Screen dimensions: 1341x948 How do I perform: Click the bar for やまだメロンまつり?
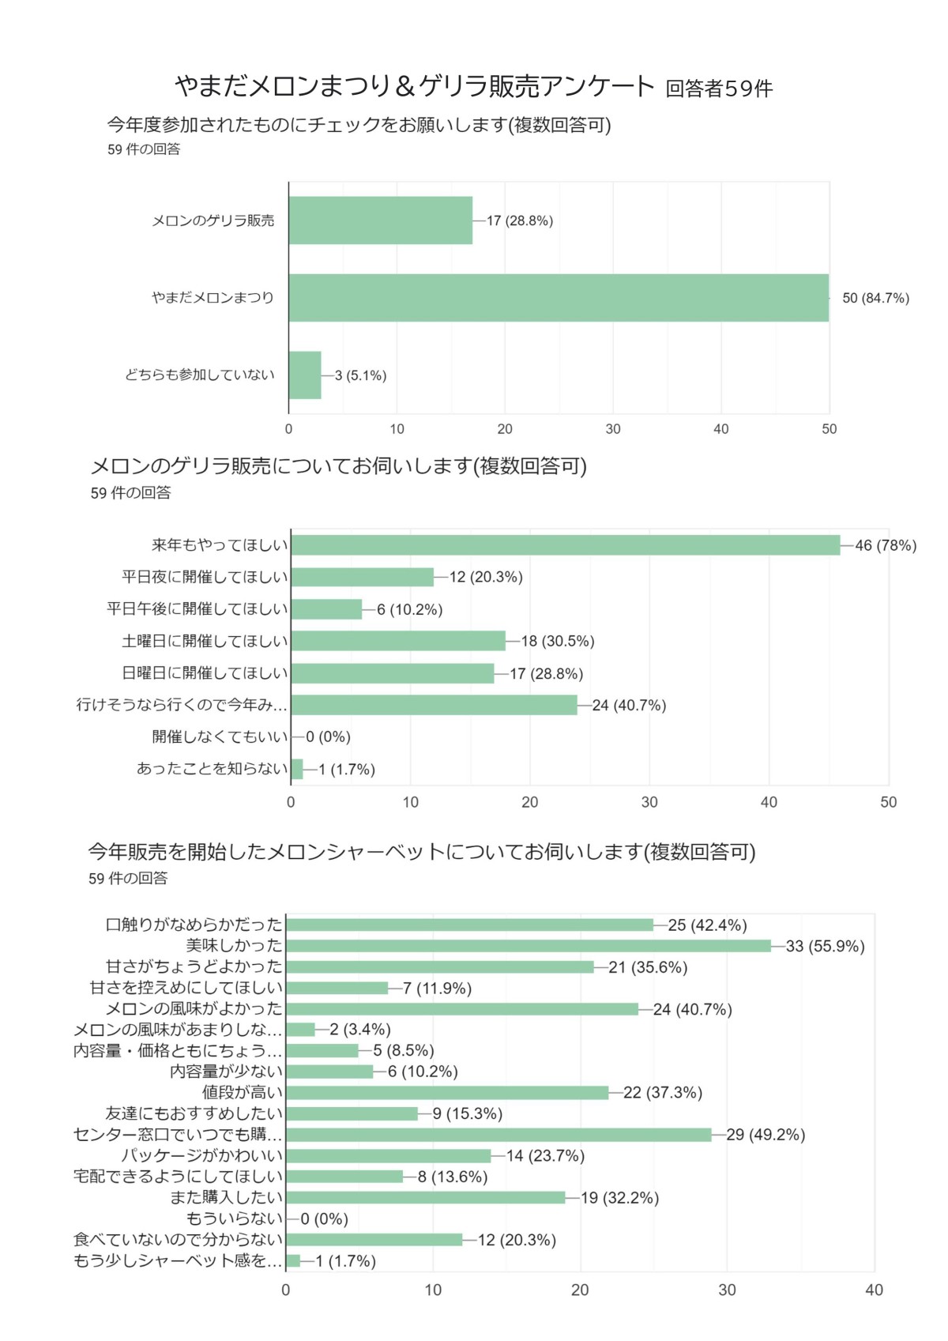pyautogui.click(x=559, y=298)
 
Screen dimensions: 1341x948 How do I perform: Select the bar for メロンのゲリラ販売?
pyautogui.click(x=380, y=220)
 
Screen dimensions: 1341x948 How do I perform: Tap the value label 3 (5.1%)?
pyautogui.click(x=360, y=375)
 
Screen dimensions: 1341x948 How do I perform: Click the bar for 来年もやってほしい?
pyautogui.click(x=565, y=545)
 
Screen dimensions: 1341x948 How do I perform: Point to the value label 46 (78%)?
pyautogui.click(x=886, y=545)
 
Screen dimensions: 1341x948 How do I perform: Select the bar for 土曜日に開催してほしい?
pyautogui.click(x=398, y=641)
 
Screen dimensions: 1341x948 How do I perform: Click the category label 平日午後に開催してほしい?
pyautogui.click(x=197, y=609)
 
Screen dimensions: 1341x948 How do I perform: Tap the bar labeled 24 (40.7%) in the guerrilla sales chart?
pyautogui.click(x=434, y=705)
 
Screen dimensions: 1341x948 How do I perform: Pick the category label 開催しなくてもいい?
pyautogui.click(x=220, y=736)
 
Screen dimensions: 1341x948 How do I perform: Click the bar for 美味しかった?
pyautogui.click(x=528, y=946)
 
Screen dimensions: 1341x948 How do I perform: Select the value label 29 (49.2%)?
pyautogui.click(x=766, y=1135)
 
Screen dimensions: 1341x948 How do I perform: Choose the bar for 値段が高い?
pyautogui.click(x=447, y=1093)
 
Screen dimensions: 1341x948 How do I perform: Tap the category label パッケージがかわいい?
pyautogui.click(x=201, y=1155)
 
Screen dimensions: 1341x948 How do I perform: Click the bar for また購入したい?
pyautogui.click(x=426, y=1198)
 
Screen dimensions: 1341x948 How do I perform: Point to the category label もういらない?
pyautogui.click(x=234, y=1219)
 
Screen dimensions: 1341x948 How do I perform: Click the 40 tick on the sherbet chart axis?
pyautogui.click(x=874, y=1290)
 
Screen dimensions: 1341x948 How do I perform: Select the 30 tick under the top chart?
pyautogui.click(x=613, y=429)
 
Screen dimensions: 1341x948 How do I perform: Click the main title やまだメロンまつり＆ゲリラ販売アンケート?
pyautogui.click(x=415, y=86)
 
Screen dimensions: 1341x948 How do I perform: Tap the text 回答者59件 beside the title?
pyautogui.click(x=719, y=89)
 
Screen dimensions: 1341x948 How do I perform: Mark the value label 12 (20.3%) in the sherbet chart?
pyautogui.click(x=517, y=1240)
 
